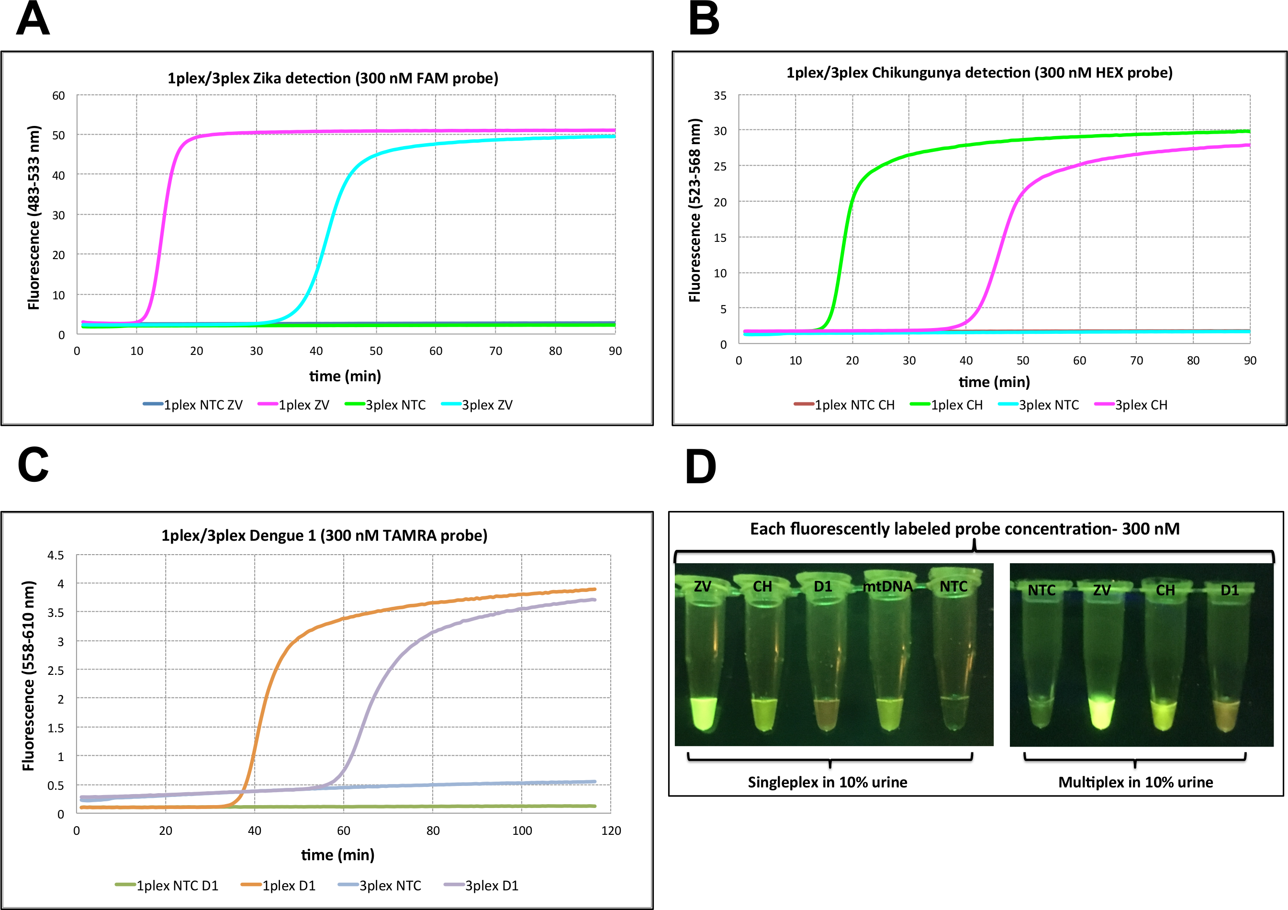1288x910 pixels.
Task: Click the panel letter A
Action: tap(33, 19)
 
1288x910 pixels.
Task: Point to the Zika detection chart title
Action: tap(333, 78)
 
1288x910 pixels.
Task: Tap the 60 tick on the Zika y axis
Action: tap(58, 95)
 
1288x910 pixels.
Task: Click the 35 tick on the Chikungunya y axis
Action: tap(720, 95)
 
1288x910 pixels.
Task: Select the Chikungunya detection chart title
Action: tap(979, 72)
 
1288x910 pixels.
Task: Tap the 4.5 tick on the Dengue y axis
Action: tap(56, 555)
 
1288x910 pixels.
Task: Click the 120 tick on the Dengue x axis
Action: tap(611, 831)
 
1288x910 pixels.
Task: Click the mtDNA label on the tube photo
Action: tap(887, 587)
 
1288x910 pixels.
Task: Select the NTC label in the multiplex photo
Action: tap(1041, 590)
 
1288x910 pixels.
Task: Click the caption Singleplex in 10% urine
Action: tap(828, 782)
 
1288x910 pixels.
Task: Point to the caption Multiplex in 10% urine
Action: tap(1135, 782)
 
